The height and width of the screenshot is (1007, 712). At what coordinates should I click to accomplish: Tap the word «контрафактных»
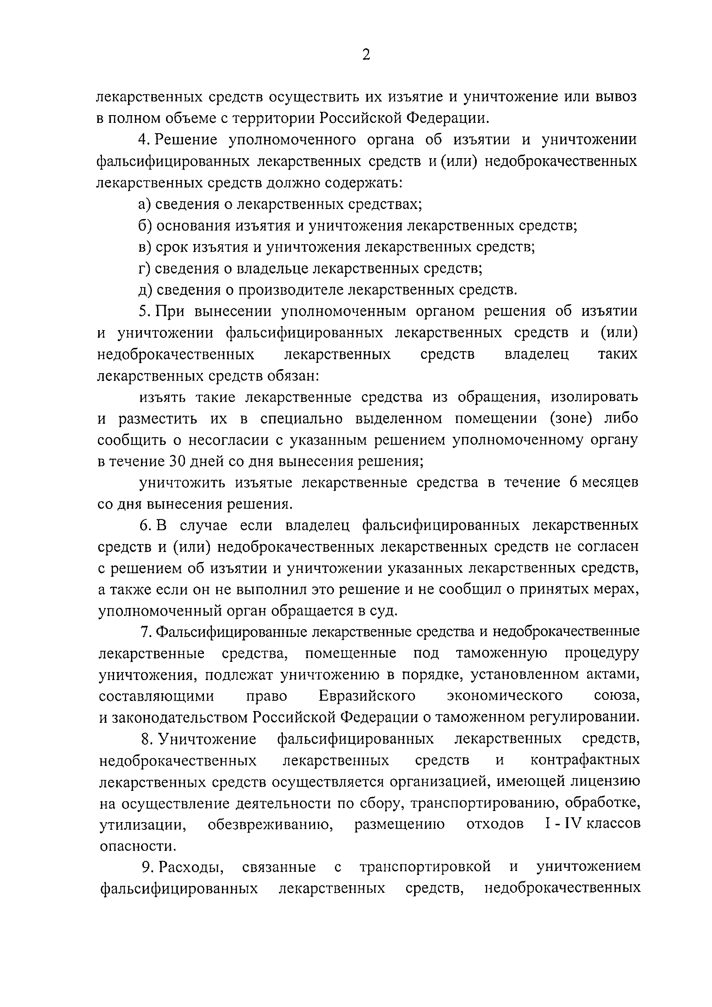click(x=585, y=761)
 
